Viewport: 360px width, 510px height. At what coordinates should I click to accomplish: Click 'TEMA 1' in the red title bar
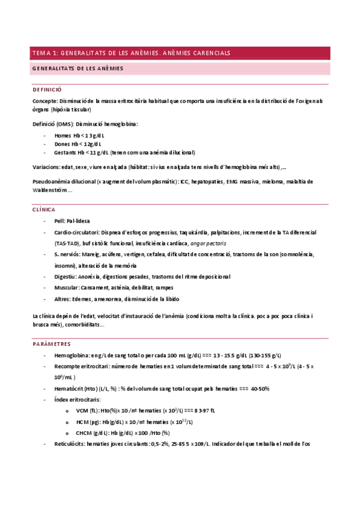pos(45,54)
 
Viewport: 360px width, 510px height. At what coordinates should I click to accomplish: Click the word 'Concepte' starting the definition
pos(45,101)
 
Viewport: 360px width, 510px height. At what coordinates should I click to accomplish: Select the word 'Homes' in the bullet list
pos(64,136)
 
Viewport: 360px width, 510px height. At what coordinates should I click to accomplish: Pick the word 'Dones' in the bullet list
pos(63,144)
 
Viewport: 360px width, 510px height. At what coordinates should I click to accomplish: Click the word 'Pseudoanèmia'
pos(52,182)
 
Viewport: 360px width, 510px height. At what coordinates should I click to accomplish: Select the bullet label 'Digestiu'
pos(64,277)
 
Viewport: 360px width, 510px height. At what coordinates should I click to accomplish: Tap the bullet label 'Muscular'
pos(66,288)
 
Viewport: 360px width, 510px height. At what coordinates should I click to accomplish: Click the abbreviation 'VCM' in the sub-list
pos(83,410)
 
